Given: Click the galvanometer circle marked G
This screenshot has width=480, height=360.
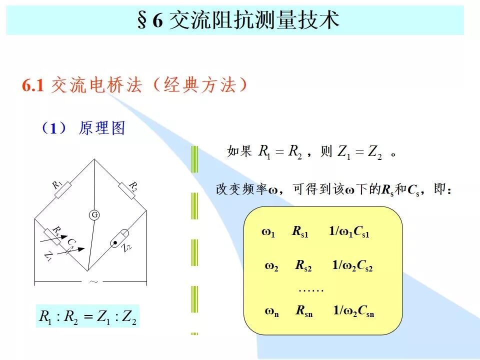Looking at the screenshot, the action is point(94,215).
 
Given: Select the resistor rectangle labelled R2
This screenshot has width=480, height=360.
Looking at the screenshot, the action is point(126,190).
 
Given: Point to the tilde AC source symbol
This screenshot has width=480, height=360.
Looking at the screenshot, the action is point(93,281).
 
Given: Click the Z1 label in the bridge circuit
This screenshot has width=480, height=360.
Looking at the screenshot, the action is point(48,255).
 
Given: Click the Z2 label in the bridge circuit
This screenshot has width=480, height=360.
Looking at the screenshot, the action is point(126,247).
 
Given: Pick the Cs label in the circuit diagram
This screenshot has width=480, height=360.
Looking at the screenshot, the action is point(71,243).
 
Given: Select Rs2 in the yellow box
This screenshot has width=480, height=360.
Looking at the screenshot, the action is point(303,265).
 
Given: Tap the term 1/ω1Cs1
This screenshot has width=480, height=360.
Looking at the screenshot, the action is point(349,231).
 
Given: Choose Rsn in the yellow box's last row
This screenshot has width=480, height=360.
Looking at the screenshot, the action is point(304,310).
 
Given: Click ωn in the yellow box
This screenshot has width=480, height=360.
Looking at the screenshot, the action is point(272,312).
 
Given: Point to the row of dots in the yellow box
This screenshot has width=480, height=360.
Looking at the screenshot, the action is point(311,290).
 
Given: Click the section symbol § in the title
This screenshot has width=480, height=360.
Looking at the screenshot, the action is point(141,20).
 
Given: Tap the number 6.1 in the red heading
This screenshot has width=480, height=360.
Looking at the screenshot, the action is point(33,85).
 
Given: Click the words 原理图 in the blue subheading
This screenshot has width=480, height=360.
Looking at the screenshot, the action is point(102,127).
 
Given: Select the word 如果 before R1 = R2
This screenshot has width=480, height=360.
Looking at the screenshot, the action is point(239,151).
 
